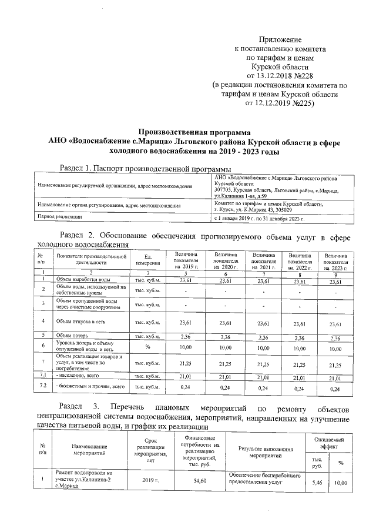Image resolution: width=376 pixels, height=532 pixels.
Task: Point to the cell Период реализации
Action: [x=59, y=216]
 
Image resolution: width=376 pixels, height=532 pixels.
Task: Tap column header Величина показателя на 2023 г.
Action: [x=335, y=259]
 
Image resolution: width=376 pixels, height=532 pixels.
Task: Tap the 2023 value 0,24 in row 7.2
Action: [x=335, y=388]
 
